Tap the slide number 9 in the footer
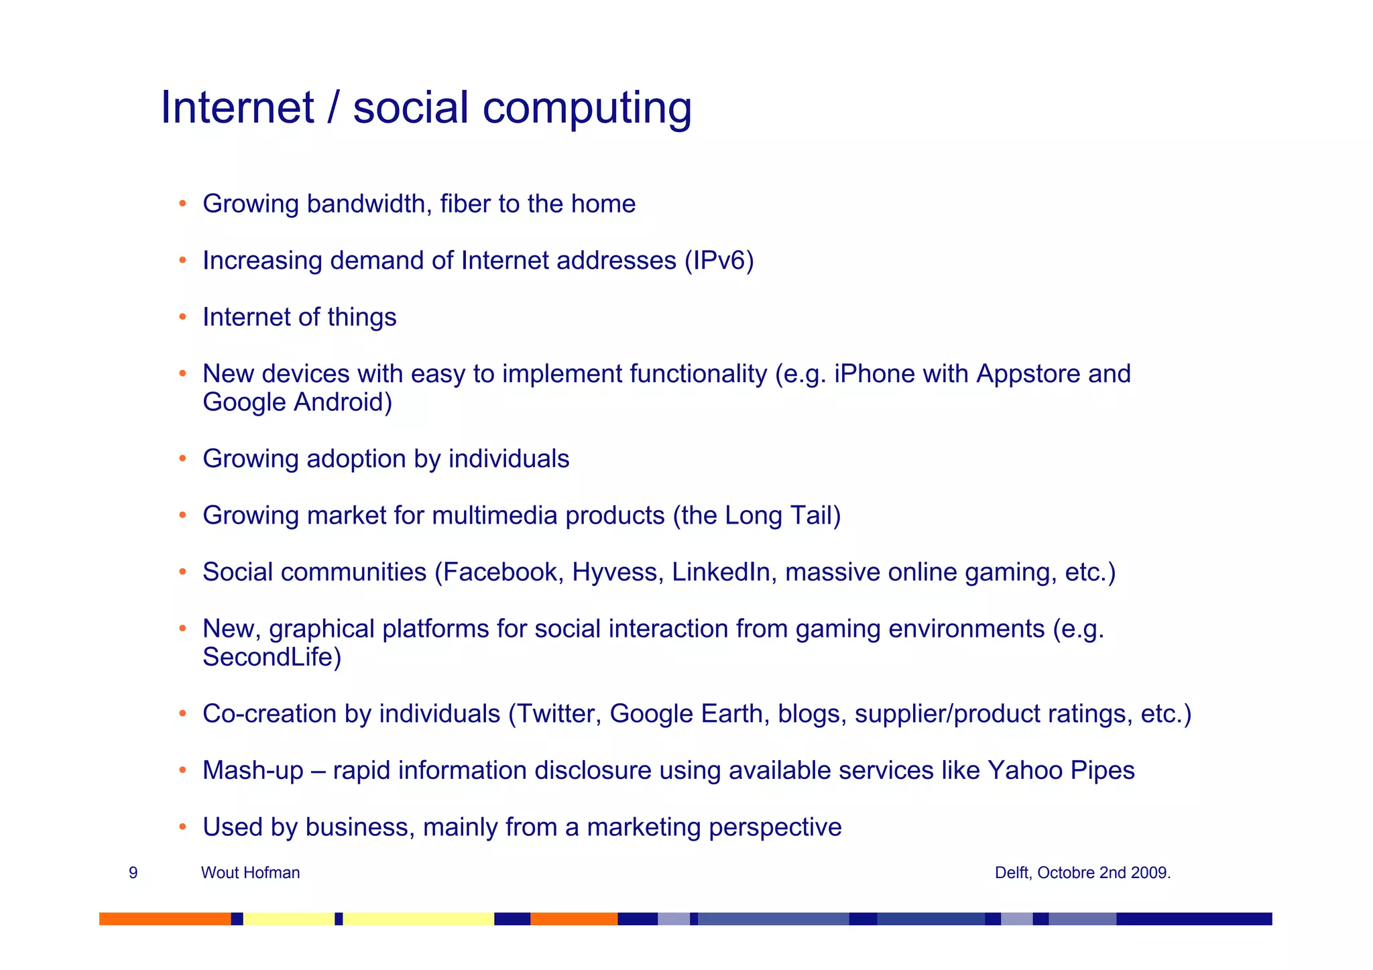pos(133,873)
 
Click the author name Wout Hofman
pos(250,873)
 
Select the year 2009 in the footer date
pos(1151,873)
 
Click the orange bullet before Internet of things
pos(182,317)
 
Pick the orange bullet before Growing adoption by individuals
pos(182,459)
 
